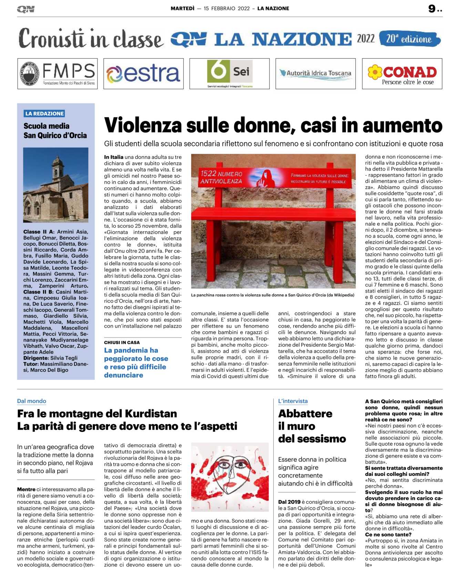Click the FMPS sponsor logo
[x=58, y=74]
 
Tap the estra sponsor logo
[x=143, y=74]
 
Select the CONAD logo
[x=402, y=74]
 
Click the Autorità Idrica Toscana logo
[x=315, y=73]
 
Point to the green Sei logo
[x=229, y=72]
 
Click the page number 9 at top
[x=432, y=9]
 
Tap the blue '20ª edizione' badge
[x=409, y=39]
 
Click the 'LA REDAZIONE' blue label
[x=44, y=114]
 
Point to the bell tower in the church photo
[x=58, y=169]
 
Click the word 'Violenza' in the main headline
[x=143, y=125]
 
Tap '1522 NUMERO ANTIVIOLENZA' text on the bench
[x=221, y=177]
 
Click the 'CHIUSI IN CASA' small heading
[x=122, y=342]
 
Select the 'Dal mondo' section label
[x=32, y=401]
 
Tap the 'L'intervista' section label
[x=293, y=401]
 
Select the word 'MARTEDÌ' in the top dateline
[x=183, y=9]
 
